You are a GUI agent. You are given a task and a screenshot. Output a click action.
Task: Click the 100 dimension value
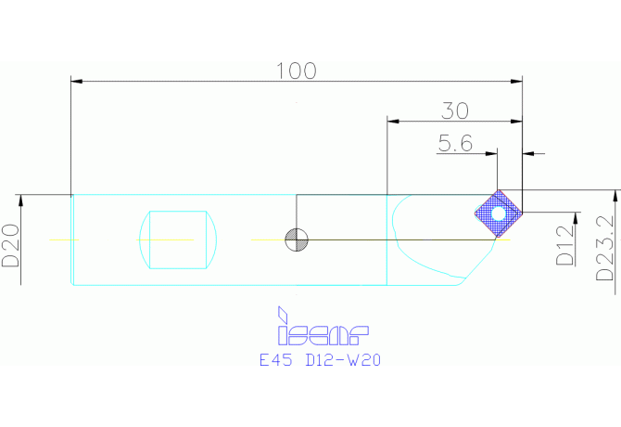(x=297, y=71)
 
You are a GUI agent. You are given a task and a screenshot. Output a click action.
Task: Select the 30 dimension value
(x=454, y=110)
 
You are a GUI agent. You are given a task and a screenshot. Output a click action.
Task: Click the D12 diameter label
(x=564, y=246)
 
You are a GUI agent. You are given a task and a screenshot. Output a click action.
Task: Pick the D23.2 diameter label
(x=605, y=249)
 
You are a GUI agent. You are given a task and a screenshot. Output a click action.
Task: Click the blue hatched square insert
(x=499, y=214)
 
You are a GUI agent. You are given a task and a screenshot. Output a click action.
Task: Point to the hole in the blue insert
(x=499, y=214)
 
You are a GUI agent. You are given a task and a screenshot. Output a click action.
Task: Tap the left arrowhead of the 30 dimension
(x=391, y=122)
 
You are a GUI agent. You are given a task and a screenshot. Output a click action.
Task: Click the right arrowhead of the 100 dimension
(x=518, y=83)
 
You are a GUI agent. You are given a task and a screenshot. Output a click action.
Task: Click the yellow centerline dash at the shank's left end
(x=65, y=239)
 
